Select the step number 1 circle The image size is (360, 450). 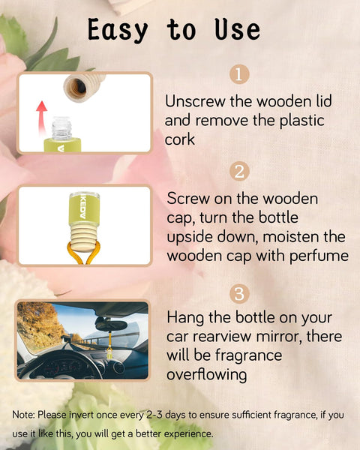tap(238, 74)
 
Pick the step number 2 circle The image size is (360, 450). tap(238, 171)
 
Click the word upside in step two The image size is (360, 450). tap(191, 236)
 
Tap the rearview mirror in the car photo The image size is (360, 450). tap(111, 322)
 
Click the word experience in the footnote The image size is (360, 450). tap(185, 433)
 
